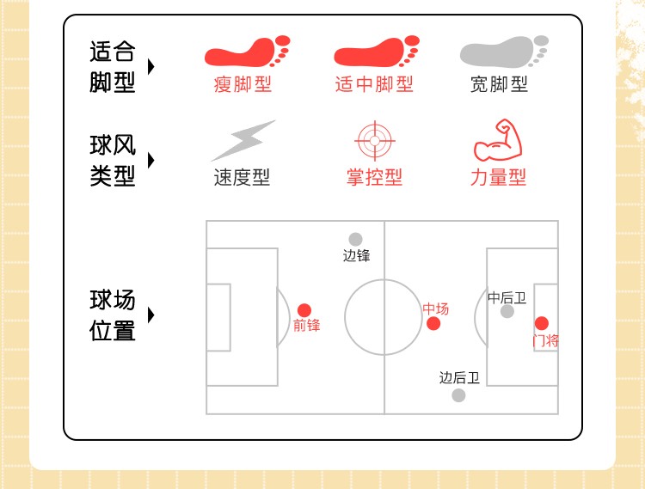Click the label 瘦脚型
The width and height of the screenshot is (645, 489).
tap(243, 84)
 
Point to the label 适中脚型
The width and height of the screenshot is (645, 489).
tap(374, 84)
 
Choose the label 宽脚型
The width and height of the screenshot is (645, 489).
tap(499, 84)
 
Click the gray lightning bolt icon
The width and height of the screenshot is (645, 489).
tap(243, 141)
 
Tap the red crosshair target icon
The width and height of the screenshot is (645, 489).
tap(374, 141)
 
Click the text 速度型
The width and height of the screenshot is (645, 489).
tap(242, 178)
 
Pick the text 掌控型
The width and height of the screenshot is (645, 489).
tap(374, 178)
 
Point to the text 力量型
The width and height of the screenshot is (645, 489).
tap(498, 178)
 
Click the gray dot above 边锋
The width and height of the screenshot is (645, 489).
tap(355, 239)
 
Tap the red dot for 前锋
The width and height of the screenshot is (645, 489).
tap(304, 310)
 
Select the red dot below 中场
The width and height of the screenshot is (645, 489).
tap(433, 323)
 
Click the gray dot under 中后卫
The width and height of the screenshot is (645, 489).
tap(507, 311)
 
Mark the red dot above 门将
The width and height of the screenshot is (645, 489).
tap(541, 323)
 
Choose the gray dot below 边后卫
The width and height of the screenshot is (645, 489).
tap(458, 394)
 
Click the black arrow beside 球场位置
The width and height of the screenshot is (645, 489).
tap(151, 315)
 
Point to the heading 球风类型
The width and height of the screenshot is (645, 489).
tap(113, 161)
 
